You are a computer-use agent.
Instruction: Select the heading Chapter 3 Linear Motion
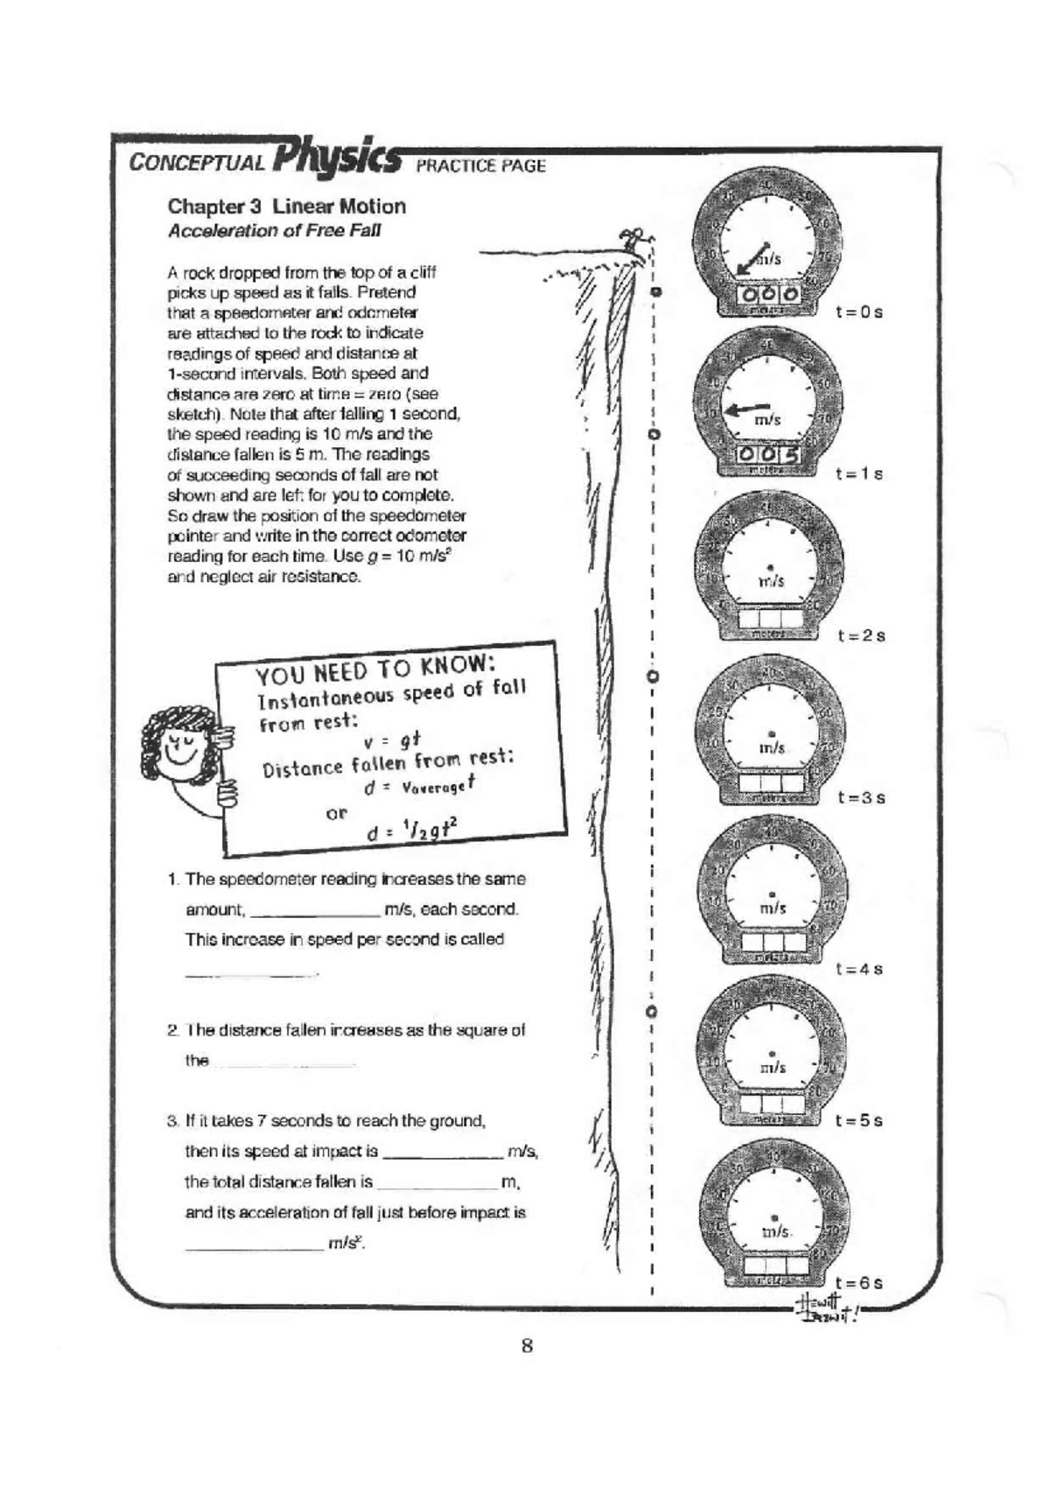click(286, 207)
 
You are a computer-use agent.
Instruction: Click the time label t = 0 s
click(858, 312)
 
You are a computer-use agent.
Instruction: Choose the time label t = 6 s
click(858, 1283)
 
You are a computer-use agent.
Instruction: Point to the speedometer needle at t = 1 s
click(748, 408)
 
